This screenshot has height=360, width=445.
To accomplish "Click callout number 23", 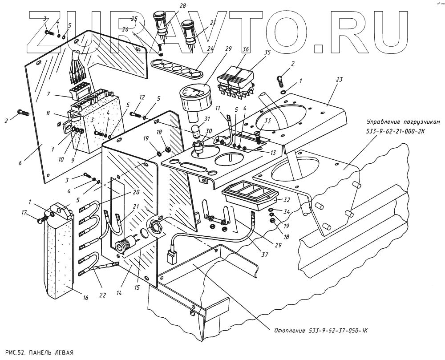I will click(339, 80).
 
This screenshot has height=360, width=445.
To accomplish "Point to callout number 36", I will click(246, 49).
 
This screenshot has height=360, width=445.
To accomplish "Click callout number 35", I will click(267, 52).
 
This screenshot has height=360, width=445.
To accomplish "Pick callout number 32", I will click(287, 200).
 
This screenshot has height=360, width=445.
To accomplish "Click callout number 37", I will click(264, 255).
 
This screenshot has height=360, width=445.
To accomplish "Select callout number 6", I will click(20, 163).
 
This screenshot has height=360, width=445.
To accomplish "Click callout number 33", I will click(267, 120).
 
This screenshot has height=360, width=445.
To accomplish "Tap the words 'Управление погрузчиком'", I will click(403, 122).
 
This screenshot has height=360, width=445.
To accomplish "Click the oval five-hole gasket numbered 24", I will click(175, 69).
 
